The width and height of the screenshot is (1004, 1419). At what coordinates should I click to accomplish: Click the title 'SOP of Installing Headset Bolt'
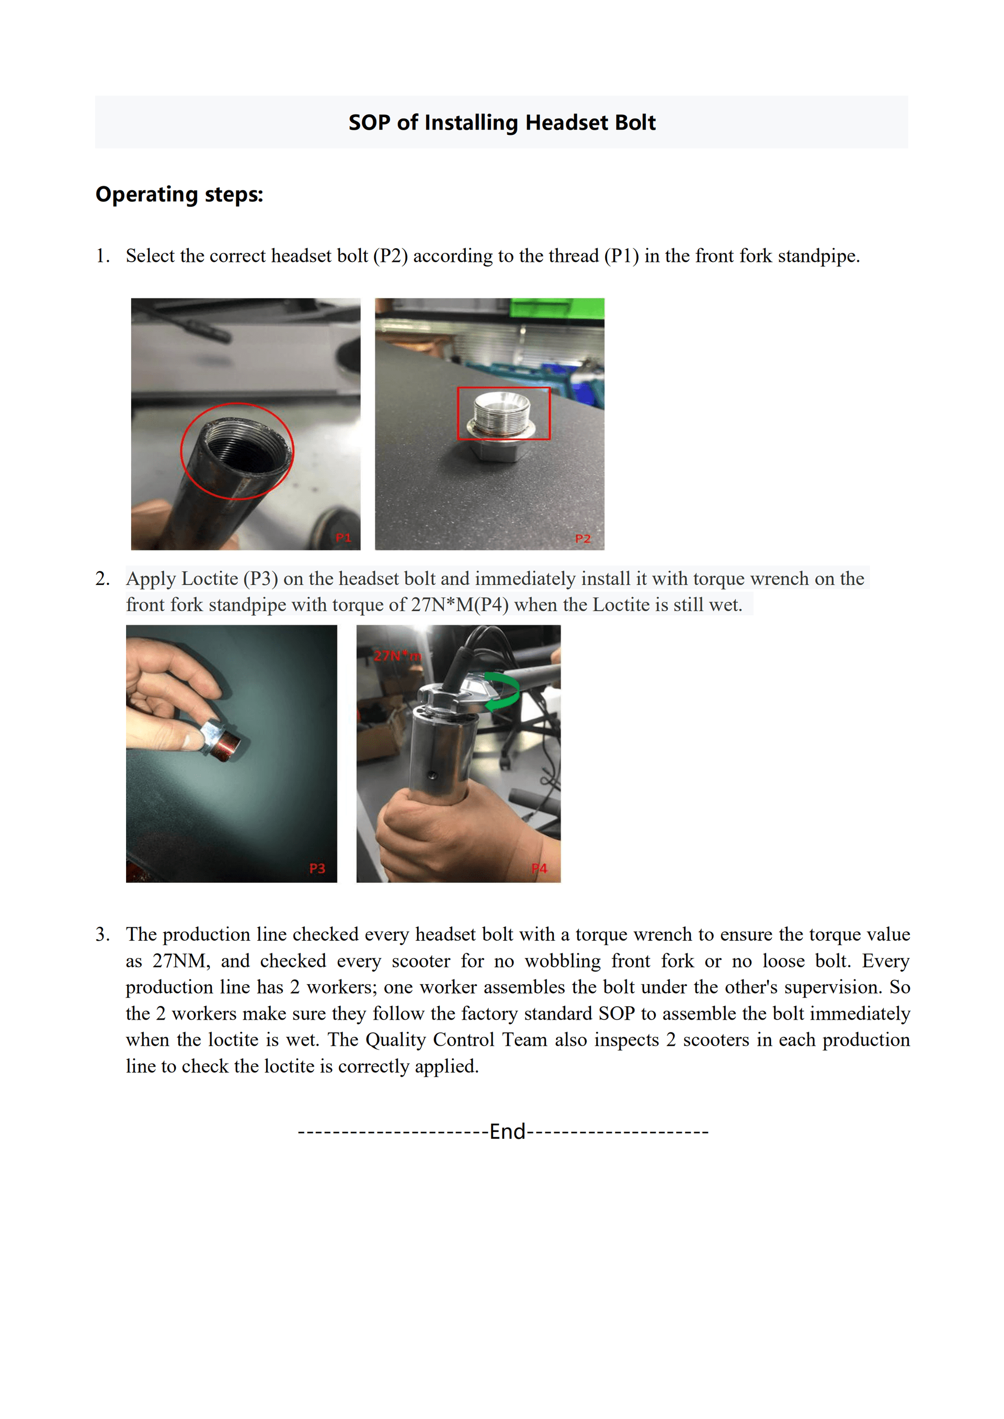coord(501,122)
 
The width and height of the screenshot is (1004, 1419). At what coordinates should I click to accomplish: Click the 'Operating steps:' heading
coord(179,194)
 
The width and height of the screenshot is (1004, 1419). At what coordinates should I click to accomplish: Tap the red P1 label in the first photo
coord(343,538)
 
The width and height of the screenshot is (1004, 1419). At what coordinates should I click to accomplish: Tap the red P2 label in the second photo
coord(583,538)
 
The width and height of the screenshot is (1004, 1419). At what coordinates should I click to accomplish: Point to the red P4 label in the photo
coord(539,868)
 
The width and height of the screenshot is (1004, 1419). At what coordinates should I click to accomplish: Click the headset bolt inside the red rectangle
coord(502,413)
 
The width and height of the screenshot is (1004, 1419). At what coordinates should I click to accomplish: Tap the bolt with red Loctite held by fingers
coord(223,741)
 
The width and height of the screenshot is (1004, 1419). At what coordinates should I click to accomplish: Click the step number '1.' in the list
coord(102,256)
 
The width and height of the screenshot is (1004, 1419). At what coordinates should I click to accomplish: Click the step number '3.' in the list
coord(102,935)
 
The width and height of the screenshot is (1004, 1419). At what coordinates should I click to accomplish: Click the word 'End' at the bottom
coord(507,1132)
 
